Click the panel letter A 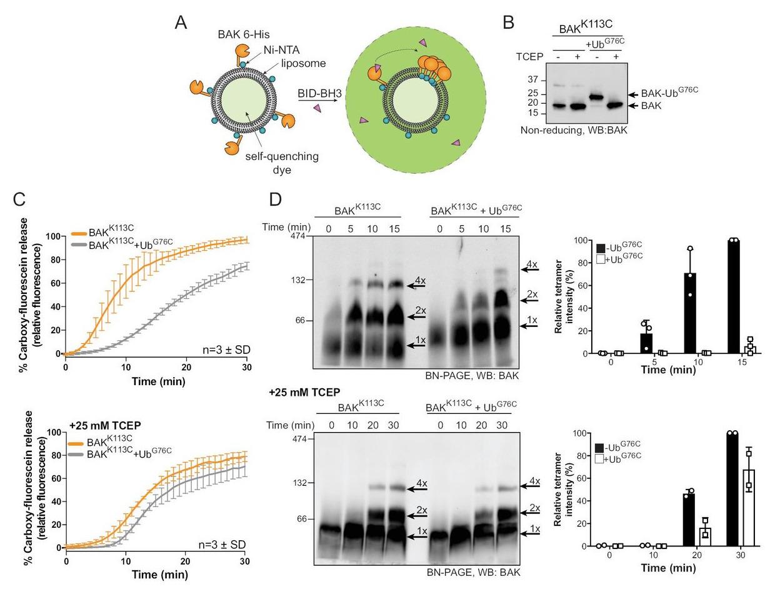pos(181,23)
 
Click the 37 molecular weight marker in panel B pos(533,79)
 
